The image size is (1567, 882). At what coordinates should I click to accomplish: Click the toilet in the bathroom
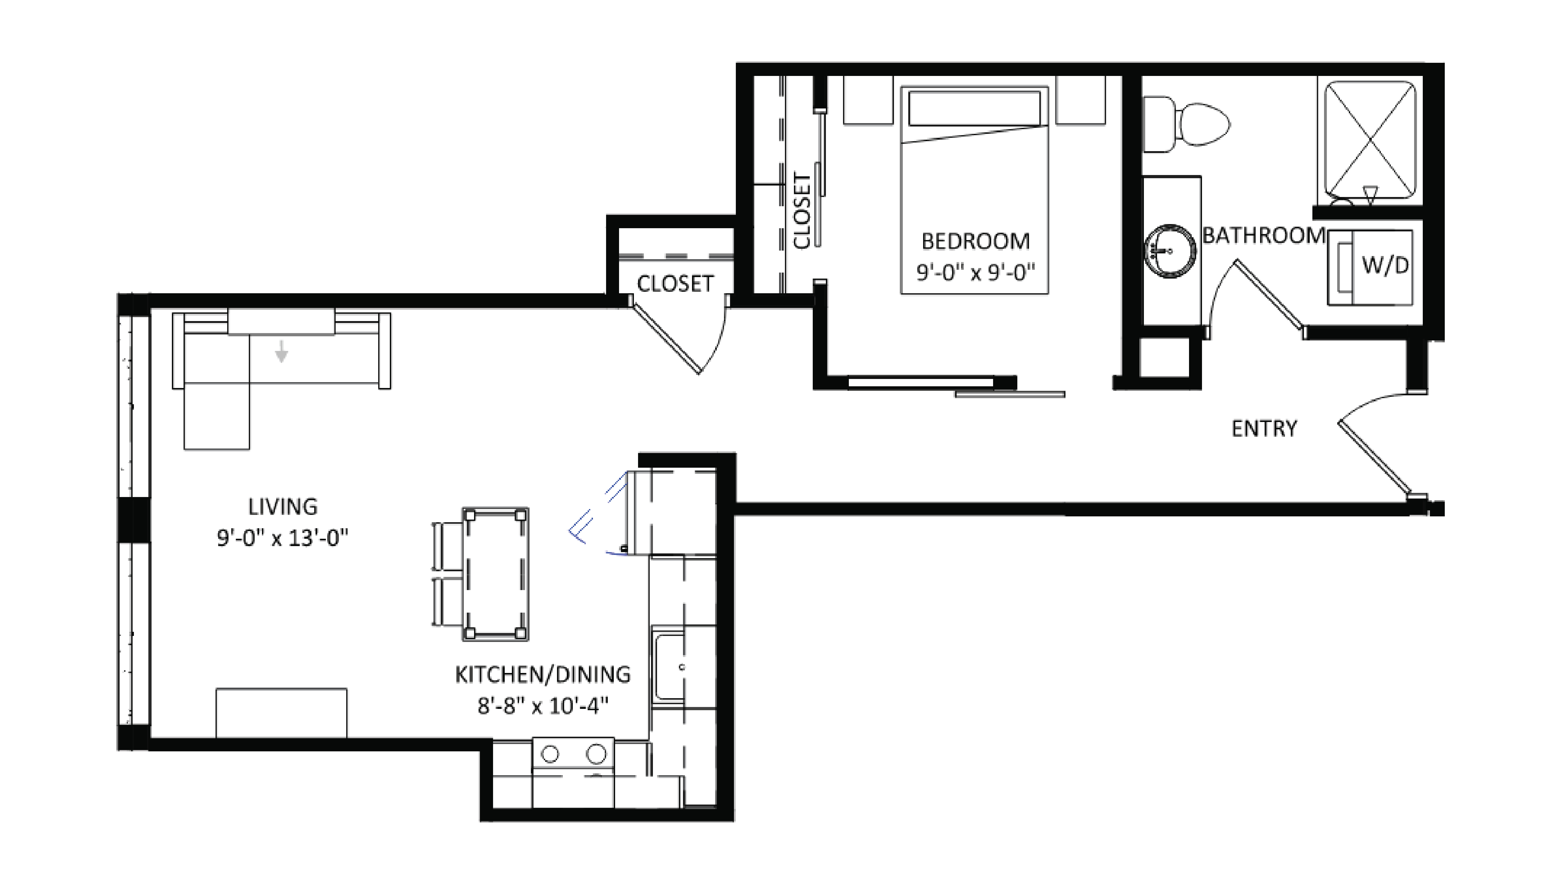point(1192,125)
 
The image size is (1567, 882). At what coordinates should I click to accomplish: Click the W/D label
point(1385,265)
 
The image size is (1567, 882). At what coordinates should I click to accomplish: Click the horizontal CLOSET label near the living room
point(675,283)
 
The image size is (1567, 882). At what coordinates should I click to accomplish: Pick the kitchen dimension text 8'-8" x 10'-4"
point(543,706)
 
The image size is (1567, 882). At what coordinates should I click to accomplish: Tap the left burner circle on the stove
point(550,754)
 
